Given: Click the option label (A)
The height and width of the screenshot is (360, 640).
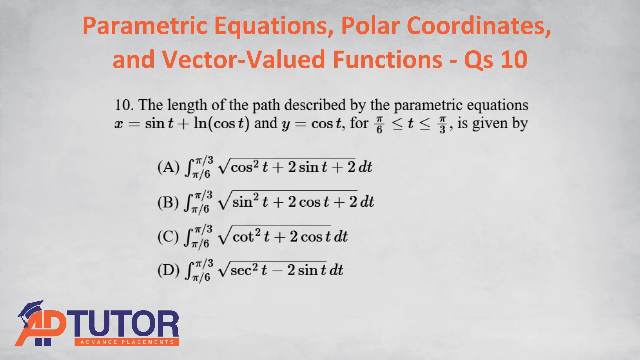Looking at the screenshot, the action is tap(168, 167).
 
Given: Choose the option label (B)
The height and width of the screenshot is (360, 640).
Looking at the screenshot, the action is tap(168, 202).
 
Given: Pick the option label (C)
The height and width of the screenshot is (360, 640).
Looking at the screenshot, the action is tap(168, 237).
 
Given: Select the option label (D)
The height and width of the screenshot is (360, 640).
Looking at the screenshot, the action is tap(168, 270).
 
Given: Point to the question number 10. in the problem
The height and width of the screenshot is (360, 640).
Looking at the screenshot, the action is tap(124, 105).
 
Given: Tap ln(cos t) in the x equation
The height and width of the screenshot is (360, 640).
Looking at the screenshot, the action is tap(221, 124).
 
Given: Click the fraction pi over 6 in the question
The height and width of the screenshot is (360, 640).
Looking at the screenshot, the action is tap(379, 124).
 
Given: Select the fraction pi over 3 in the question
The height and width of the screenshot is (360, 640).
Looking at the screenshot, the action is tap(442, 124).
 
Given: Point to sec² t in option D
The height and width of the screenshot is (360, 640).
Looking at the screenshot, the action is tap(248, 270).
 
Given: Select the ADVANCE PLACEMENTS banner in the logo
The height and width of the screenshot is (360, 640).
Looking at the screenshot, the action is tap(127, 342).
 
